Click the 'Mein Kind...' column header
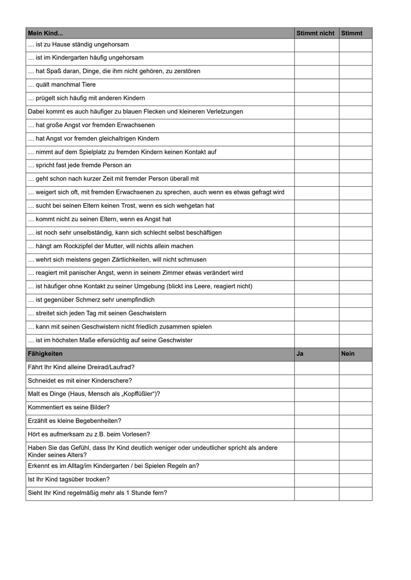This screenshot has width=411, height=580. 45,33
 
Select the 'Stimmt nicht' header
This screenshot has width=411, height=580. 315,33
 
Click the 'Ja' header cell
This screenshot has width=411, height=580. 300,354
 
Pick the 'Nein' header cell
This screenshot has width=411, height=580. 348,354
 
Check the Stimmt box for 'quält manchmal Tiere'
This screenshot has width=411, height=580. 355,85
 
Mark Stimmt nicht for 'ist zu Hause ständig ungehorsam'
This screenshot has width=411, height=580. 316,45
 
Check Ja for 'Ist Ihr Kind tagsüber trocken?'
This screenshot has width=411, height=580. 316,480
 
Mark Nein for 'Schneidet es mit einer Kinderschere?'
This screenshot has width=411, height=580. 355,381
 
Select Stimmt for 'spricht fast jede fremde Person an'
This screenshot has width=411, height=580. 355,166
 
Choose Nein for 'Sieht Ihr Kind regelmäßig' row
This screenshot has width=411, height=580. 355,493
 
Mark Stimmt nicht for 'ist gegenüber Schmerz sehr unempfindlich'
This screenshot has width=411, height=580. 316,300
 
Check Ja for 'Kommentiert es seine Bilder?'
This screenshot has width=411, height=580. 316,407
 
